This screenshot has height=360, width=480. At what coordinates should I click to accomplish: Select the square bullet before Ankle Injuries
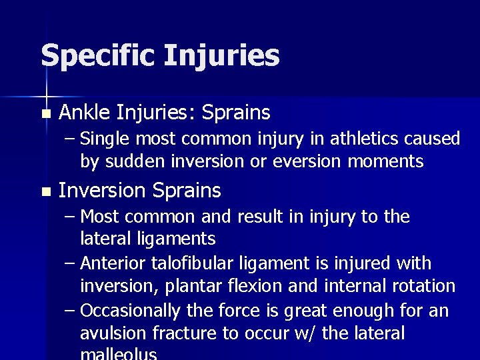coord(45,115)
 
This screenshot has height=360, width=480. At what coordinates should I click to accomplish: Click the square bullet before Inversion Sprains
coord(45,192)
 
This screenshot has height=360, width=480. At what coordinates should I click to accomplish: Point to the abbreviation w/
coord(305,333)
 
